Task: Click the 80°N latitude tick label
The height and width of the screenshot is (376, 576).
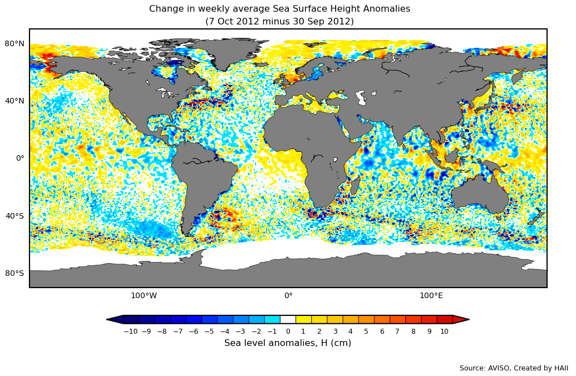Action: tap(14, 43)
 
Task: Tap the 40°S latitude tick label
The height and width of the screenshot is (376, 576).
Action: tap(14, 216)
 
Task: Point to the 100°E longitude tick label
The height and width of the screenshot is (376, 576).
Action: tap(431, 296)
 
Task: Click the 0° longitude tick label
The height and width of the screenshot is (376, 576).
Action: tap(288, 296)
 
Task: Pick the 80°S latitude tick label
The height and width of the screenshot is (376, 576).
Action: tap(14, 273)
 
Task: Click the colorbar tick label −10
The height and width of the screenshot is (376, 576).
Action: tap(130, 332)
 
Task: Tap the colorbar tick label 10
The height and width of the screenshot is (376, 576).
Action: tap(444, 332)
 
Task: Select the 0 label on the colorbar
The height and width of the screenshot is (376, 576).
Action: tap(288, 332)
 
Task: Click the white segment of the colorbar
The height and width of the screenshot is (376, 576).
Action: tap(288, 319)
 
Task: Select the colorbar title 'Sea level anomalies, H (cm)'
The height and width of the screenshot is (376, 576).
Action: tap(288, 343)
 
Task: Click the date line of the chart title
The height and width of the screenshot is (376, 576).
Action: tap(279, 22)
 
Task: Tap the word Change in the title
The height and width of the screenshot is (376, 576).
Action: tap(164, 9)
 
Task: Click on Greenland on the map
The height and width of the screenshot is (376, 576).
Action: tap(223, 53)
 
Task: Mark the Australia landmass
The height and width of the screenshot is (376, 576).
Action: tap(479, 195)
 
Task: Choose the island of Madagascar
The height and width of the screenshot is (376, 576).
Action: tap(355, 186)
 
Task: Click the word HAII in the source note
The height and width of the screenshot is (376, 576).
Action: tap(560, 368)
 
